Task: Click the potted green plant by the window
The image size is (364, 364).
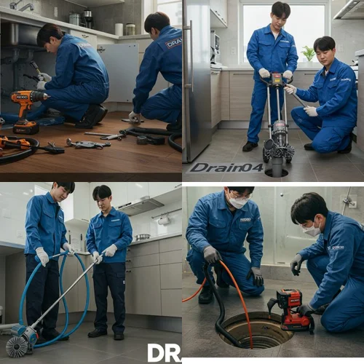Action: (x=309, y=53)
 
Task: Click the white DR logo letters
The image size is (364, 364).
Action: (x=164, y=352)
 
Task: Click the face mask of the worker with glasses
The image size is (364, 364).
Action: (x=238, y=203)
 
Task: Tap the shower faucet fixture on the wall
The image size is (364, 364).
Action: (x=352, y=202)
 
